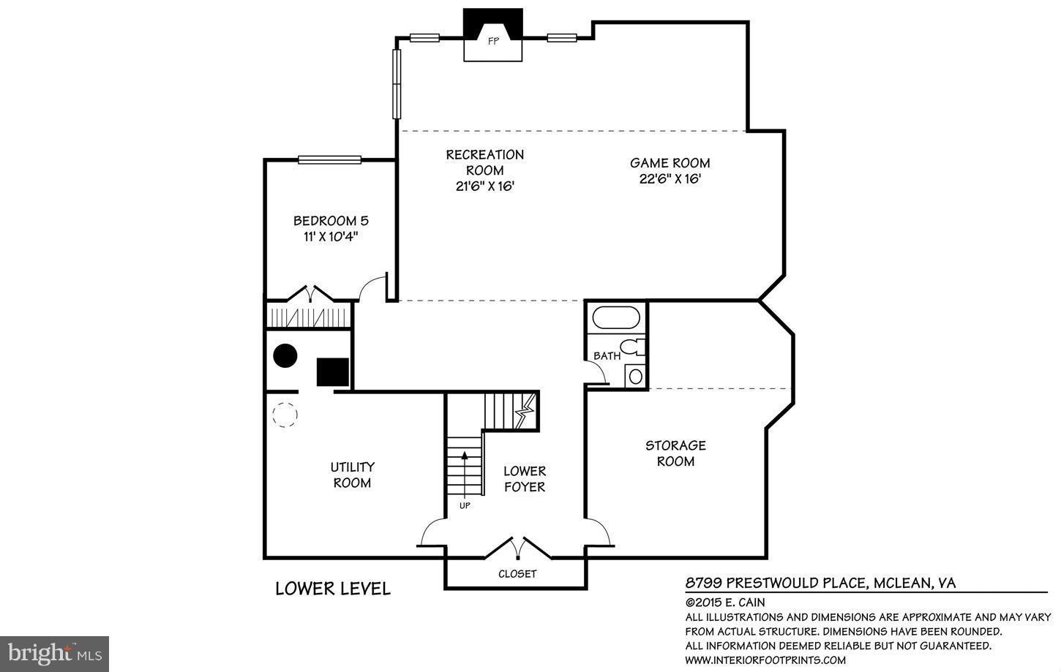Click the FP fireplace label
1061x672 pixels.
[493, 42]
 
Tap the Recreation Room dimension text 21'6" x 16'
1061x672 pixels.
[485, 186]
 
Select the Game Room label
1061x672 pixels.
[670, 163]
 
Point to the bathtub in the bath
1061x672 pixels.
[615, 318]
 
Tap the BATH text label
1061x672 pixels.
[607, 356]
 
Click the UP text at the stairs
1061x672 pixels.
[465, 505]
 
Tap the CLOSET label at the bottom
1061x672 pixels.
[517, 574]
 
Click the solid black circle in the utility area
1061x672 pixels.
[285, 356]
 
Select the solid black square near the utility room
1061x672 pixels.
[332, 371]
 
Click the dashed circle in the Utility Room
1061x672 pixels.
[285, 415]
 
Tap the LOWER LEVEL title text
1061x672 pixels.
[333, 589]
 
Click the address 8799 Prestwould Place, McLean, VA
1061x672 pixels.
[820, 583]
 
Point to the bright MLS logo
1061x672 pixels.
[54, 652]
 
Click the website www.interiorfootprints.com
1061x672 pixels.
[765, 660]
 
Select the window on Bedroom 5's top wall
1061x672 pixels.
[329, 159]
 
